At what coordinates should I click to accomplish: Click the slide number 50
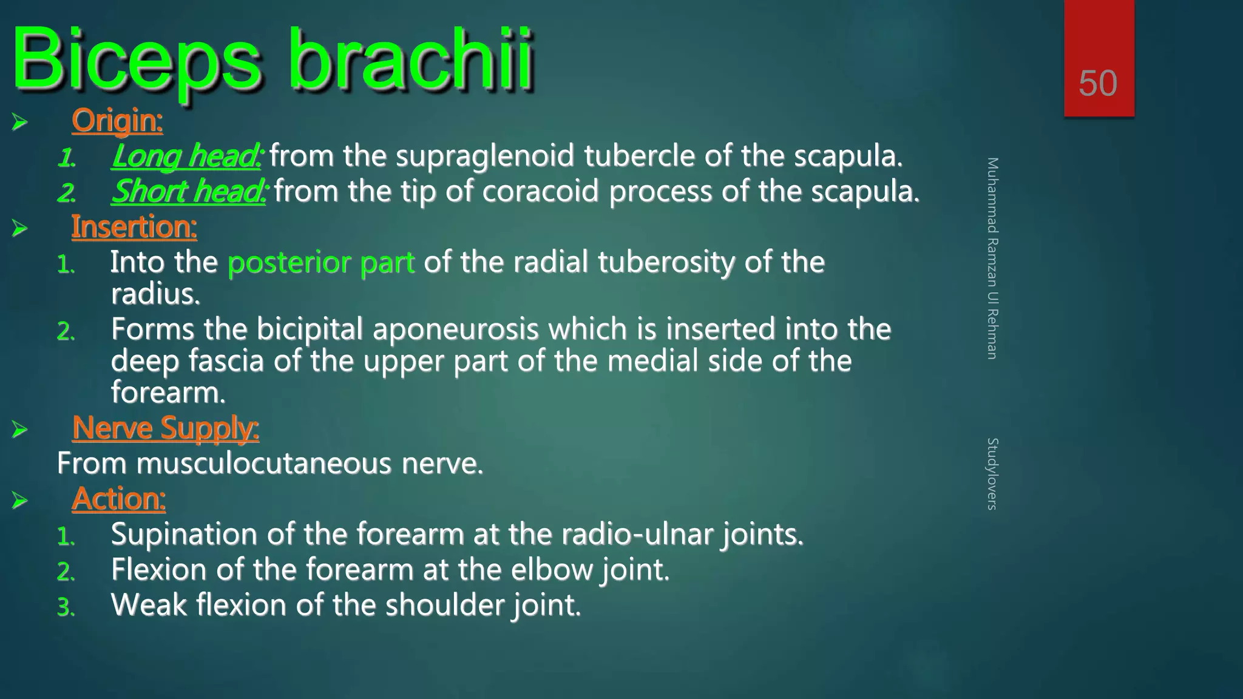click(x=1097, y=83)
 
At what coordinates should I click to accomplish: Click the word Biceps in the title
click(x=137, y=61)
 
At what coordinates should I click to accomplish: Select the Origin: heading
click(x=117, y=120)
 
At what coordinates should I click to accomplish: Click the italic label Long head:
click(x=186, y=156)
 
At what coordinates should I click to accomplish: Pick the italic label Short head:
click(x=189, y=191)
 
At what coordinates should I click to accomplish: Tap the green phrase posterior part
click(x=321, y=262)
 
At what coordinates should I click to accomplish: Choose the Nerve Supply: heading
click(x=165, y=428)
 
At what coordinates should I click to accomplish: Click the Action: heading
click(x=118, y=499)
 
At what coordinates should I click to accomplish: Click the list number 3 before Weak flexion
click(x=66, y=607)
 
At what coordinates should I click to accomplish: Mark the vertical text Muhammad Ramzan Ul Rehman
click(x=992, y=258)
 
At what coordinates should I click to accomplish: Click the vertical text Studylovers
click(x=992, y=473)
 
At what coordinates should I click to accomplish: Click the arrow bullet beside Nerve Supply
click(x=19, y=430)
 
